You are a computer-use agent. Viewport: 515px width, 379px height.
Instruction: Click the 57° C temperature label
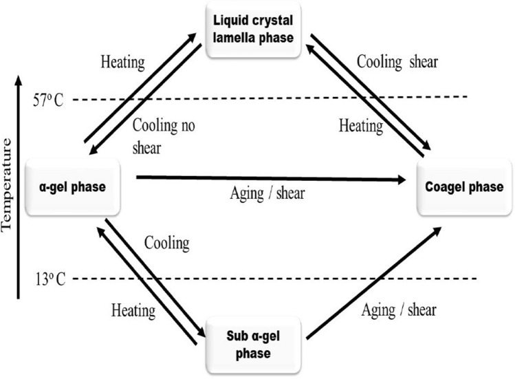(x=48, y=100)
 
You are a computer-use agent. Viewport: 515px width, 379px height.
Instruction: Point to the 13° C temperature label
(x=48, y=279)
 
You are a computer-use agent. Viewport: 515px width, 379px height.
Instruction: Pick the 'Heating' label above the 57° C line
(x=122, y=62)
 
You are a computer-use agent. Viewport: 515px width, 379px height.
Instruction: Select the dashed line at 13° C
(x=275, y=279)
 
